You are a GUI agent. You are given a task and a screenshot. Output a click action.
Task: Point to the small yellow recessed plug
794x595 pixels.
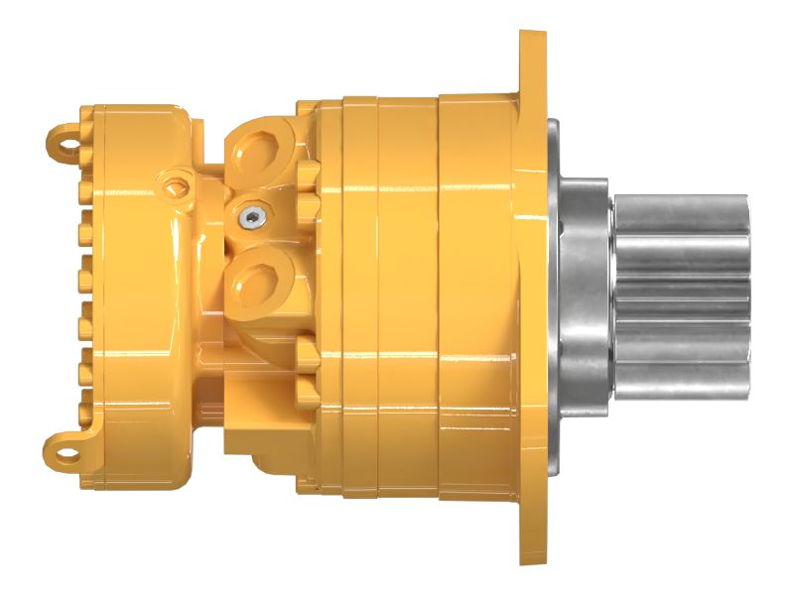178,183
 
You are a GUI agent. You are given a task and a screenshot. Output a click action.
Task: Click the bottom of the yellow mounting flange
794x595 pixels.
532,540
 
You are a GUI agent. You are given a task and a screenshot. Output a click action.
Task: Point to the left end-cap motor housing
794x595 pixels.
139,297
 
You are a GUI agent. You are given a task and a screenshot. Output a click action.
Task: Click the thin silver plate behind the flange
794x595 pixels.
552,297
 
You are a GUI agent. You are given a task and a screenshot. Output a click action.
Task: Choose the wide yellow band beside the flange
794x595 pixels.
476,297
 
